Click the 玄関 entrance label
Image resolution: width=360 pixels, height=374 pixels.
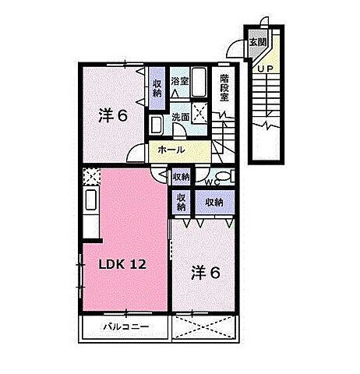click(257, 42)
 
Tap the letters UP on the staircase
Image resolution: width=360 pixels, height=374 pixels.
click(266, 69)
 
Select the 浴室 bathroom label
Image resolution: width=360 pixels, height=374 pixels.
click(179, 82)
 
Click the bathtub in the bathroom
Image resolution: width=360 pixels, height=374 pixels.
click(199, 82)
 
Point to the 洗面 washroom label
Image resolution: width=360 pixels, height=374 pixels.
click(181, 118)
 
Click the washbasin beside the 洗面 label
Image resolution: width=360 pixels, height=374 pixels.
click(157, 125)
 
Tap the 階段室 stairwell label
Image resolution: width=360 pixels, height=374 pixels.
click(224, 88)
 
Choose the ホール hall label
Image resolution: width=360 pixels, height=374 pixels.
click(171, 150)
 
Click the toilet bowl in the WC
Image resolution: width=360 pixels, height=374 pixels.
click(223, 176)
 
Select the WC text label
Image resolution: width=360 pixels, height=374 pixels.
click(213, 182)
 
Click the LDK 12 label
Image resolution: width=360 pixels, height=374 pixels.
click(122, 264)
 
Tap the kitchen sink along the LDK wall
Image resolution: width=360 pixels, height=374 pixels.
click(91, 199)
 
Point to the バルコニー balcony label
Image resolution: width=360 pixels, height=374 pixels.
click(126, 326)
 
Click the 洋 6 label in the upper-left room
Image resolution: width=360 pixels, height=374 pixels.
click(113, 115)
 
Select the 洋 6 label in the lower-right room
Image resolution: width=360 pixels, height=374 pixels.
click(206, 273)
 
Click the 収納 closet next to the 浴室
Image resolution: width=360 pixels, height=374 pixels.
click(157, 88)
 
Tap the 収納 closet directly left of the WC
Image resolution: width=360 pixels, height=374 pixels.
click(182, 177)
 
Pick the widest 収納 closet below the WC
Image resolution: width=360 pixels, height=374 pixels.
click(214, 202)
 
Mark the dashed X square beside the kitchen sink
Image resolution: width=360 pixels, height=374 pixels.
click(91, 176)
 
